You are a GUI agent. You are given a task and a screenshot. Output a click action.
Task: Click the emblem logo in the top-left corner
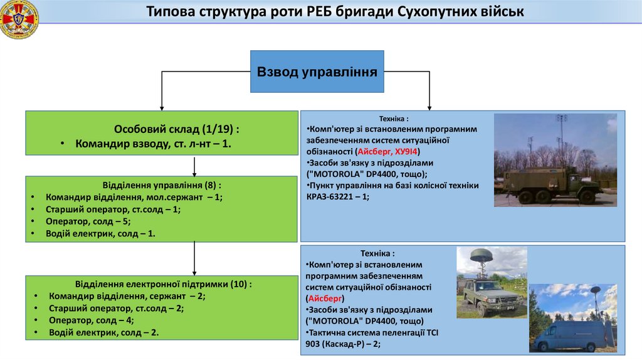click(19, 19)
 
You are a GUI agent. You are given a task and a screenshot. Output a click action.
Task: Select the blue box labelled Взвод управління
click(317, 71)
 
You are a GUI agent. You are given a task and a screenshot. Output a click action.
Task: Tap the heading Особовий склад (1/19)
click(177, 129)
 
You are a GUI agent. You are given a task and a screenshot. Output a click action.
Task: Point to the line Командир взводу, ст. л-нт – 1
click(154, 144)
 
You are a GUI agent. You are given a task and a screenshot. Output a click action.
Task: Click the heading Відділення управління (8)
click(161, 186)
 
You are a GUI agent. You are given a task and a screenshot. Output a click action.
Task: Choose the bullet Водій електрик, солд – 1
click(100, 233)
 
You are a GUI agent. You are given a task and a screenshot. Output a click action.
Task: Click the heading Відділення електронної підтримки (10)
click(164, 283)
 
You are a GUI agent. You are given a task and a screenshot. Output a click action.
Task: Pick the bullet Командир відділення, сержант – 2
click(127, 296)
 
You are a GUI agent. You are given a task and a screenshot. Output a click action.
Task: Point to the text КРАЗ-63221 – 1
click(338, 196)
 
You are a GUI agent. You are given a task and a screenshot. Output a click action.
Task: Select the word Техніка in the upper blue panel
click(393, 119)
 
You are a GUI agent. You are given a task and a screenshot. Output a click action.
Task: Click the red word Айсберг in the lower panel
click(322, 299)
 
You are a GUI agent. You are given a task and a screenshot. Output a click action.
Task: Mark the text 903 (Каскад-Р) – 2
click(344, 344)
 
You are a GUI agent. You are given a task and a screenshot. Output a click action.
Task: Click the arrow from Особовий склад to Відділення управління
click(194, 166)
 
